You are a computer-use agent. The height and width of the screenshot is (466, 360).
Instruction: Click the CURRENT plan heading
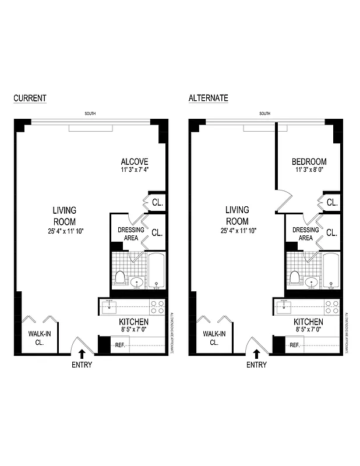click(30, 98)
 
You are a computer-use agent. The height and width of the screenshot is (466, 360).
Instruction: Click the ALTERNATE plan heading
click(208, 98)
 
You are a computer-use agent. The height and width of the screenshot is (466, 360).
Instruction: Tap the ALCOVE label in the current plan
click(135, 161)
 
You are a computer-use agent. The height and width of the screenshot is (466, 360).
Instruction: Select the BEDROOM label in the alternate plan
click(309, 161)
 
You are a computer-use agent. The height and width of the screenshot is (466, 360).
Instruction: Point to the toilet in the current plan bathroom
click(121, 277)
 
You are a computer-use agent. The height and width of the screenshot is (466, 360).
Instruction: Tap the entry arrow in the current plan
click(82, 353)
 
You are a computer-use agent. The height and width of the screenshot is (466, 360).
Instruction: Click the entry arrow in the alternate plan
click(256, 353)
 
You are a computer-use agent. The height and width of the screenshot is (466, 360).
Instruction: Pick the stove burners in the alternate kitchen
click(331, 307)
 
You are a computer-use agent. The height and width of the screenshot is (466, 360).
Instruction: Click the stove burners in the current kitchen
click(157, 307)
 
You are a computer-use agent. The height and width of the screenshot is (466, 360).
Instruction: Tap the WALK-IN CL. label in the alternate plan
click(214, 338)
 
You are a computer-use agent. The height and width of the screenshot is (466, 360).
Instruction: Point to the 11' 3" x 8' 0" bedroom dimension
click(309, 171)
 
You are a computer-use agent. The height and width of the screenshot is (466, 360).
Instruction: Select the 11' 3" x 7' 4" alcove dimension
click(135, 171)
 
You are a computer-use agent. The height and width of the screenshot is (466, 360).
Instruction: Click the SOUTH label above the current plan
click(90, 114)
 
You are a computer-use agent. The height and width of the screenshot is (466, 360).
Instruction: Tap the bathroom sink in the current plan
click(137, 283)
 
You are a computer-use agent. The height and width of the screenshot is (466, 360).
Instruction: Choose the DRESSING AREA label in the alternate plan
click(305, 234)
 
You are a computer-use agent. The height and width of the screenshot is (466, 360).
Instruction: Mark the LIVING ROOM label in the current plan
click(64, 216)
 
